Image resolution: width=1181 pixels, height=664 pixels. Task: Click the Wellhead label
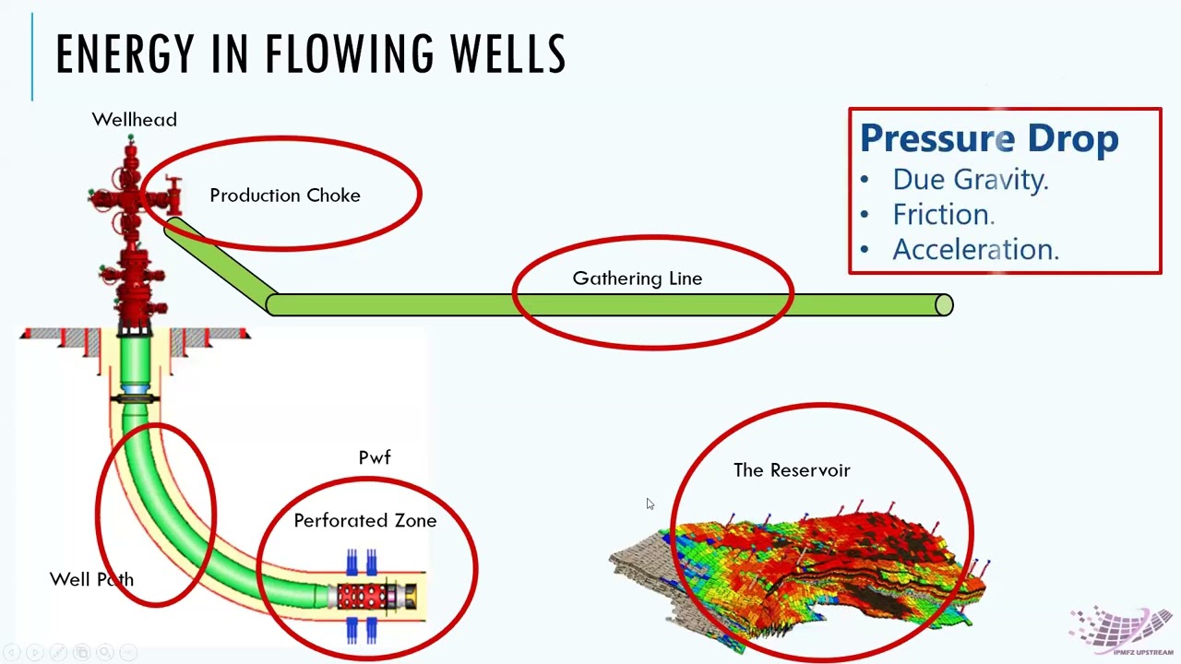(x=135, y=120)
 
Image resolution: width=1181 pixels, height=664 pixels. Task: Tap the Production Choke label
(x=285, y=196)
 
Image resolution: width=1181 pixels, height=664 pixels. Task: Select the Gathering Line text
(x=638, y=279)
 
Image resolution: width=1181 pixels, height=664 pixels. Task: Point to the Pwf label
(x=375, y=456)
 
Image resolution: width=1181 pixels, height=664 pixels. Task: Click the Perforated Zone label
(x=365, y=521)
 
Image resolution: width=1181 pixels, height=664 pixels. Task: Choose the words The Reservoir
(x=792, y=470)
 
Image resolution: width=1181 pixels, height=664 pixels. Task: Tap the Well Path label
(x=91, y=580)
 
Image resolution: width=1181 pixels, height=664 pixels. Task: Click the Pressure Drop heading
(x=989, y=138)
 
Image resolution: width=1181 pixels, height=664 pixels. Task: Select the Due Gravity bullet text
(x=971, y=180)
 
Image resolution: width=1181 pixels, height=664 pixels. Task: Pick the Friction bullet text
(x=944, y=215)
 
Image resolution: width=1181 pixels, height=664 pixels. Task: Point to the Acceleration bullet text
(x=976, y=249)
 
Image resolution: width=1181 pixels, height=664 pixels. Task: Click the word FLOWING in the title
(x=349, y=53)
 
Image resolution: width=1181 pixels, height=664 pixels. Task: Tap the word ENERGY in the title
(x=125, y=53)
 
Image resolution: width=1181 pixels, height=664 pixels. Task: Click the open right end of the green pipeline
(x=944, y=305)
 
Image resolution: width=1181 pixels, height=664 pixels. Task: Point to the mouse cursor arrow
(x=650, y=504)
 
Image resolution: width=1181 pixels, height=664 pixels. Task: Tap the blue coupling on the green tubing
(x=136, y=390)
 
